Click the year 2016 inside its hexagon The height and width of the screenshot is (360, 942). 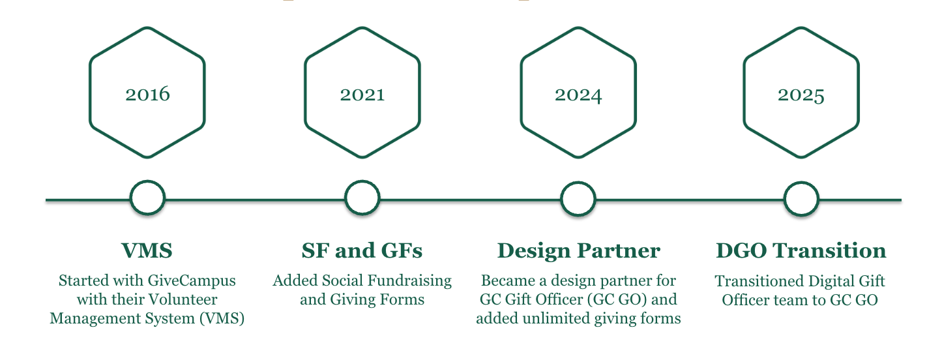tap(147, 94)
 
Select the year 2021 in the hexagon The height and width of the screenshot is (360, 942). tap(362, 94)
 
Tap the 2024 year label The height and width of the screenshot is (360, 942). tap(578, 95)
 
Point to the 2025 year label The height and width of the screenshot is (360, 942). tap(801, 95)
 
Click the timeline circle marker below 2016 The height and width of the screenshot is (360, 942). tap(147, 198)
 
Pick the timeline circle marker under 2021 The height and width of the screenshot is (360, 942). tap(362, 198)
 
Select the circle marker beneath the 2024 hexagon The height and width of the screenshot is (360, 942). tap(578, 198)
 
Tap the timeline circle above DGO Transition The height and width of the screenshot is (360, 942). tap(801, 199)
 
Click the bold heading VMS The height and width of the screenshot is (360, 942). tap(147, 250)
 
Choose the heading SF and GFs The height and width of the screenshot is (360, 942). tap(362, 250)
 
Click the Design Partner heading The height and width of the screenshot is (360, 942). tap(578, 250)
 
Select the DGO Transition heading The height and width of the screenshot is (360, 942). tap(801, 250)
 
